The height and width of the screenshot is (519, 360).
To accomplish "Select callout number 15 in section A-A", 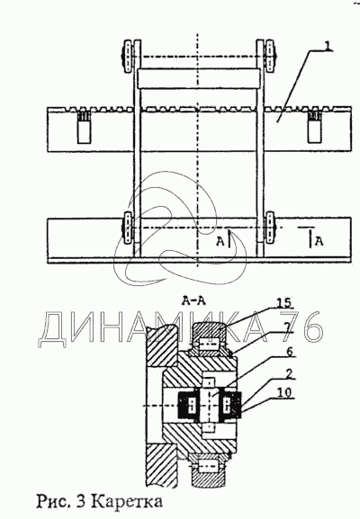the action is point(284,302).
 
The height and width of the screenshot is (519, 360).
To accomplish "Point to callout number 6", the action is point(290,352).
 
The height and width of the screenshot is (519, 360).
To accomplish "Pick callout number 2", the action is point(289,374).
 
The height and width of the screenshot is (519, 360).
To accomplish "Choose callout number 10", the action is point(284,392).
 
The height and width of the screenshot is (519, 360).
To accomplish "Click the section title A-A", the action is point(193,300).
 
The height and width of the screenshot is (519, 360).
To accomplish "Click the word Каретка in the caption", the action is point(127,501).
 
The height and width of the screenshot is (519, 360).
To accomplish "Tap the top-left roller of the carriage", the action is point(128,57).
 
